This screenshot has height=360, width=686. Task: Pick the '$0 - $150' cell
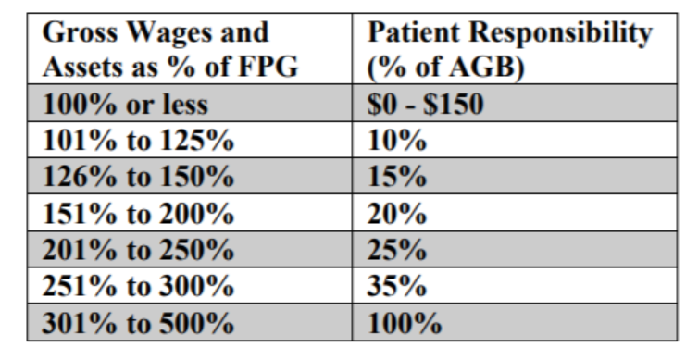click(425, 105)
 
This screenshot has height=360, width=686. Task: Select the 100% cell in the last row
click(405, 325)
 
